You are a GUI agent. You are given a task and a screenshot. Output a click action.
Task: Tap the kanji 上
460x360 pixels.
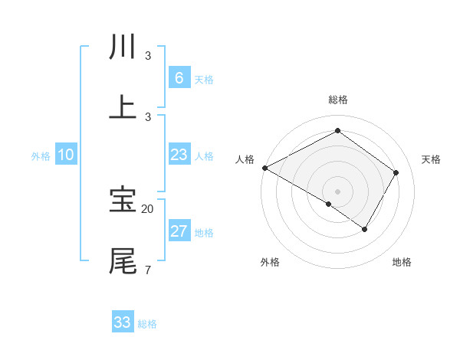123,107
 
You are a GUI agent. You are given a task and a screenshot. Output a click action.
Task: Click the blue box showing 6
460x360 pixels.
179,77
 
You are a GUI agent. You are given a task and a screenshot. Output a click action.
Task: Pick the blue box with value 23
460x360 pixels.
179,155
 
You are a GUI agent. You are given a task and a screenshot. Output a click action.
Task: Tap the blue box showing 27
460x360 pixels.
179,231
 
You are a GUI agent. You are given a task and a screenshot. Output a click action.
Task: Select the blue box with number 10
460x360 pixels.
66,155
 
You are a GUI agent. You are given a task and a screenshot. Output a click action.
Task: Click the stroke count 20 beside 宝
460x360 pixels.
148,208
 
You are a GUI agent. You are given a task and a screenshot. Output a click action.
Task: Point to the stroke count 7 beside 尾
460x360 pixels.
147,270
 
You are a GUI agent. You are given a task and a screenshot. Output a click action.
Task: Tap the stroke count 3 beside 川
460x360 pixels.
147,56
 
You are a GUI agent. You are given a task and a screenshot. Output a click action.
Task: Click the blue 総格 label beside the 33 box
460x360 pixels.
147,324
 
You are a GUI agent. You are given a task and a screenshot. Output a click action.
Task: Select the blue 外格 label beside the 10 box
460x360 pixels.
41,156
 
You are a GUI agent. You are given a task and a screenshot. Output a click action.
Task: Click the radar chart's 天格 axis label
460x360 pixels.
431,159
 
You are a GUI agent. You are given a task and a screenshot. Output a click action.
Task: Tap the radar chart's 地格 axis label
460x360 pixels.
402,262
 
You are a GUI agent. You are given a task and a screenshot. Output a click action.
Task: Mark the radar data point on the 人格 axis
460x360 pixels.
264,168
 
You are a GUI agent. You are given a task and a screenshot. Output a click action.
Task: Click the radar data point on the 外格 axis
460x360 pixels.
329,204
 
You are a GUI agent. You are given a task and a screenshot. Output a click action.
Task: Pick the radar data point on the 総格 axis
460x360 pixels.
337,131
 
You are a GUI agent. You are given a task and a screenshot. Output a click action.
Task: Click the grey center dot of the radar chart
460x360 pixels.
337,191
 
